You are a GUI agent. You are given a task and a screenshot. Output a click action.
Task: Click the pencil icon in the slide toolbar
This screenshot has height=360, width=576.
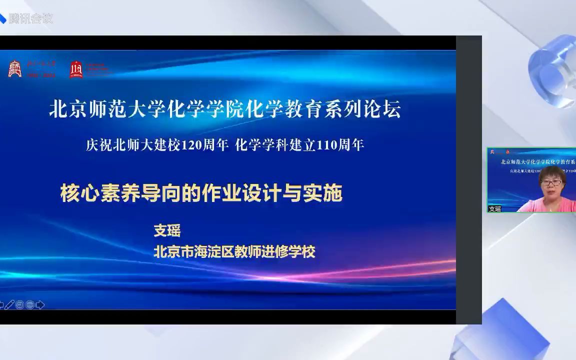[x=9, y=304]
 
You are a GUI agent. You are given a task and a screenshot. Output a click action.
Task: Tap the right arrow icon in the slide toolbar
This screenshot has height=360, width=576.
[x=40, y=304]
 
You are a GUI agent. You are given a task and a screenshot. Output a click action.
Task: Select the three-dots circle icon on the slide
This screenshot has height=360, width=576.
[x=30, y=304]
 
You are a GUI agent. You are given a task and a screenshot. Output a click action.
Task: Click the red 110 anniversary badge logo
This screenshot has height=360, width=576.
[x=76, y=69]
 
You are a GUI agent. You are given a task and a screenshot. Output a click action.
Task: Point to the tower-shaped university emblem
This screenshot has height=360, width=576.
[x=14, y=69]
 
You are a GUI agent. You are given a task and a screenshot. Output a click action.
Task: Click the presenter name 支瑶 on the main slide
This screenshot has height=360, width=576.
[x=167, y=230]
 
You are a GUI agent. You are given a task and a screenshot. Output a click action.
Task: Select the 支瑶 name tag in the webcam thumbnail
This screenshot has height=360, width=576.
[x=495, y=209]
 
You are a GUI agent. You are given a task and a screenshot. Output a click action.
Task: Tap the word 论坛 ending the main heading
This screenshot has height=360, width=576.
[x=386, y=109]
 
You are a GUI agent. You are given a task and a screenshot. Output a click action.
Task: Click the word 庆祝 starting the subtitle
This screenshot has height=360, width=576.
[x=97, y=145]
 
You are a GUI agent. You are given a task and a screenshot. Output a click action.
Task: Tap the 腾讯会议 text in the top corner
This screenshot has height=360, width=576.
[x=31, y=19]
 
